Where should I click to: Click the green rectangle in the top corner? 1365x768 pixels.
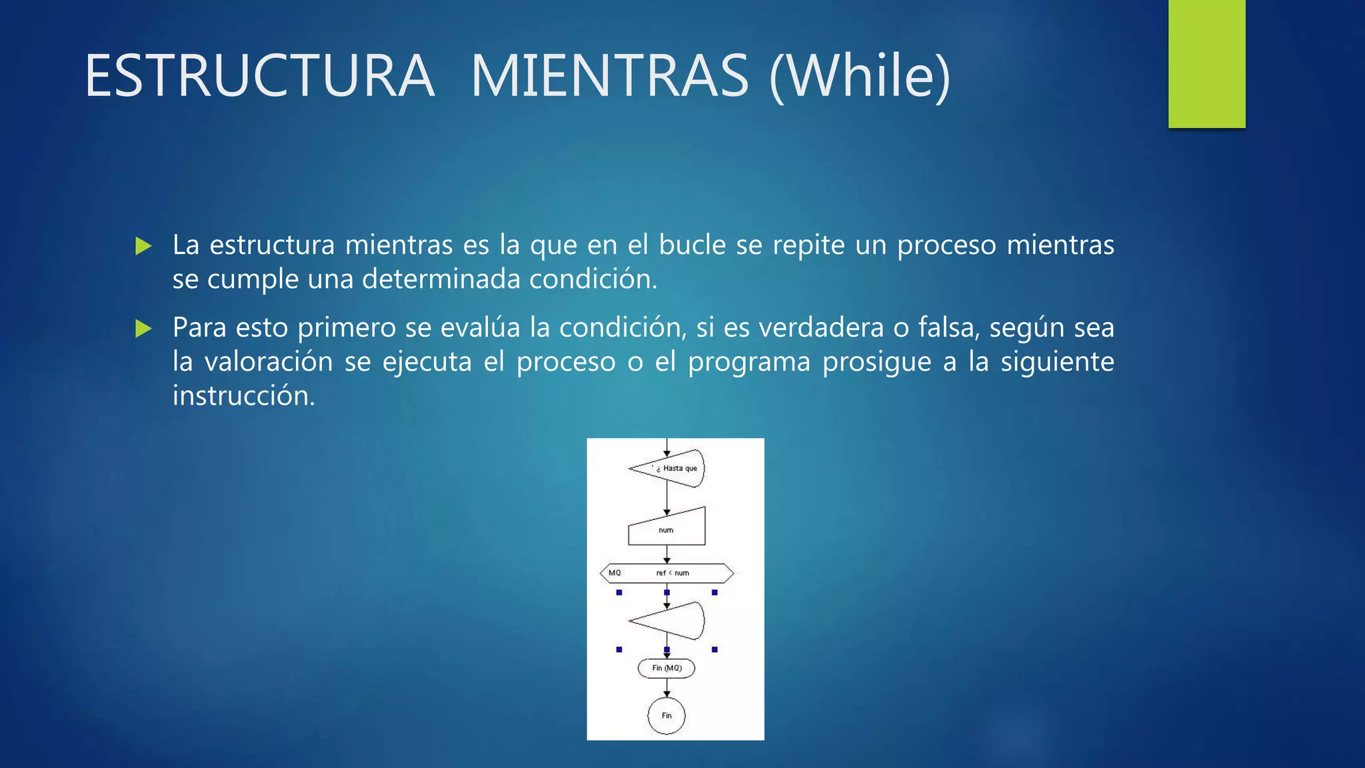click(1206, 63)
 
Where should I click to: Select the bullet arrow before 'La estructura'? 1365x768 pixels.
click(143, 246)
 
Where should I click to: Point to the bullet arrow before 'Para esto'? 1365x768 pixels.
click(143, 328)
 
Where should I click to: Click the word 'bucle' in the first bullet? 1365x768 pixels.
click(692, 245)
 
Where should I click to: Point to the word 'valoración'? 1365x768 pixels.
click(269, 361)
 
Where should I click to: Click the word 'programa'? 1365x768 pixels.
click(749, 361)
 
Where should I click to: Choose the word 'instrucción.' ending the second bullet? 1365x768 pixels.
click(243, 396)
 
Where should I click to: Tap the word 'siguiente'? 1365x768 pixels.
click(1057, 361)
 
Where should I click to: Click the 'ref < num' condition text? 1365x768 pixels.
click(673, 573)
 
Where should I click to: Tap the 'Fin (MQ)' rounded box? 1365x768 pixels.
click(667, 668)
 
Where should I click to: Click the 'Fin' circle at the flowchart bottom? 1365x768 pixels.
click(667, 715)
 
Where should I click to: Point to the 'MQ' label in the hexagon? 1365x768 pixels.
click(615, 573)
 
